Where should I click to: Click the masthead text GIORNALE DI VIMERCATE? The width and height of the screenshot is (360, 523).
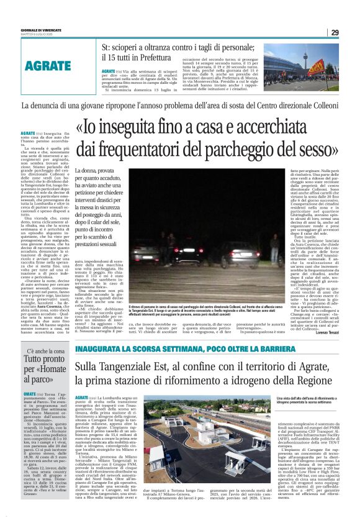(39, 29)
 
